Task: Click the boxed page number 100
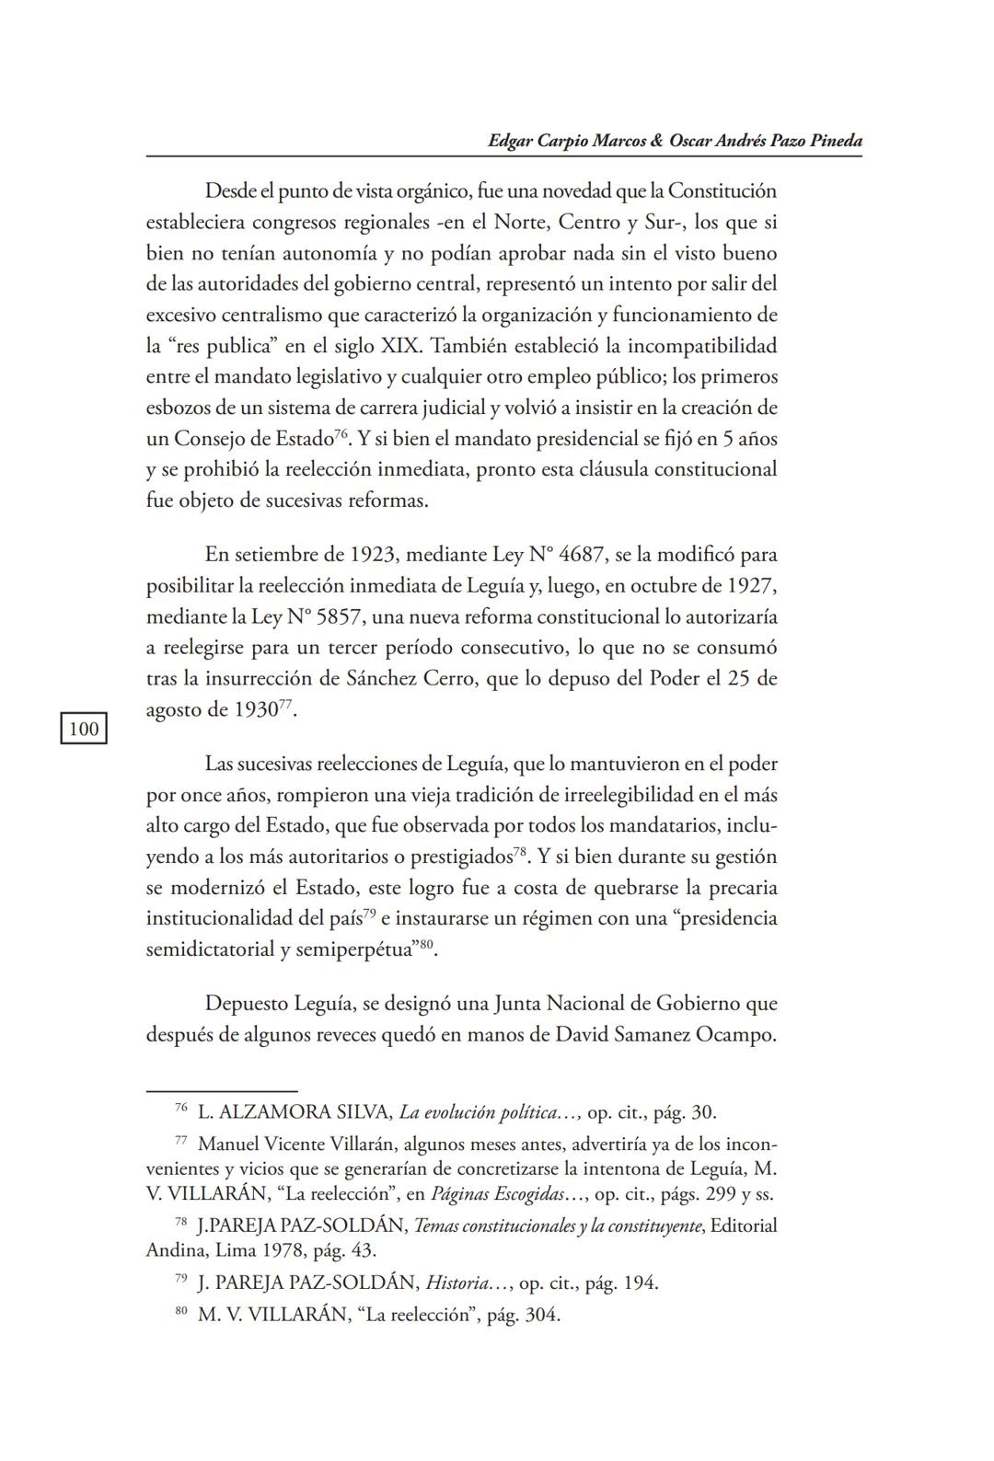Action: (x=83, y=730)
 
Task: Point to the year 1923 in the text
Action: (x=374, y=555)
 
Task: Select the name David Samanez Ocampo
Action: (x=665, y=1034)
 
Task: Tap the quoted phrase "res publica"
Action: (x=214, y=346)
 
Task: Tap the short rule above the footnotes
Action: (x=222, y=1091)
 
